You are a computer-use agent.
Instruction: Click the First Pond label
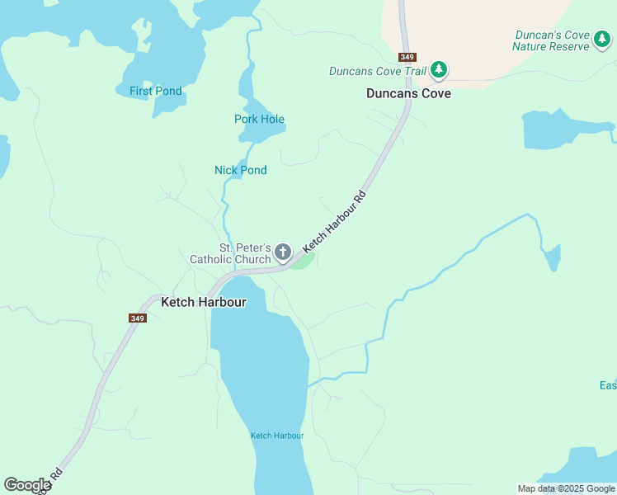pos(155,91)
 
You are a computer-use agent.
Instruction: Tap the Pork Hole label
pos(259,119)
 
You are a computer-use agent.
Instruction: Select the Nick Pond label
pos(240,170)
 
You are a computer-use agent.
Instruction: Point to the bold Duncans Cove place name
pos(408,94)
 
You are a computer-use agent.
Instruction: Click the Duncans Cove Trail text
pos(377,71)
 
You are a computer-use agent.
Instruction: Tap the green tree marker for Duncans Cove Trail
pos(440,70)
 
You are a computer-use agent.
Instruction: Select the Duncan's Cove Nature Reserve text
pos(551,40)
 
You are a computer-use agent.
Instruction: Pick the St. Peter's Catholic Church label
pos(230,253)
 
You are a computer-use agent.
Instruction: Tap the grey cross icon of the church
pos(282,252)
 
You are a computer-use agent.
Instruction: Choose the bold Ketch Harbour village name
pos(203,302)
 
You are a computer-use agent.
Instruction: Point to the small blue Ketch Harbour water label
pos(277,436)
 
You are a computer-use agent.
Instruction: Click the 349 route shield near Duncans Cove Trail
pos(407,57)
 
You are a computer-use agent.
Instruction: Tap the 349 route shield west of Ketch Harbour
pos(137,318)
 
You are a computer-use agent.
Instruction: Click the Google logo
pos(27,485)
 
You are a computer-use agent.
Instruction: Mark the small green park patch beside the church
pos(304,262)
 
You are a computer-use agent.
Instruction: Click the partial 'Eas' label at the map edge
pos(607,386)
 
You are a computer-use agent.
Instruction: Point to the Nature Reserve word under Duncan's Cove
pos(550,46)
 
